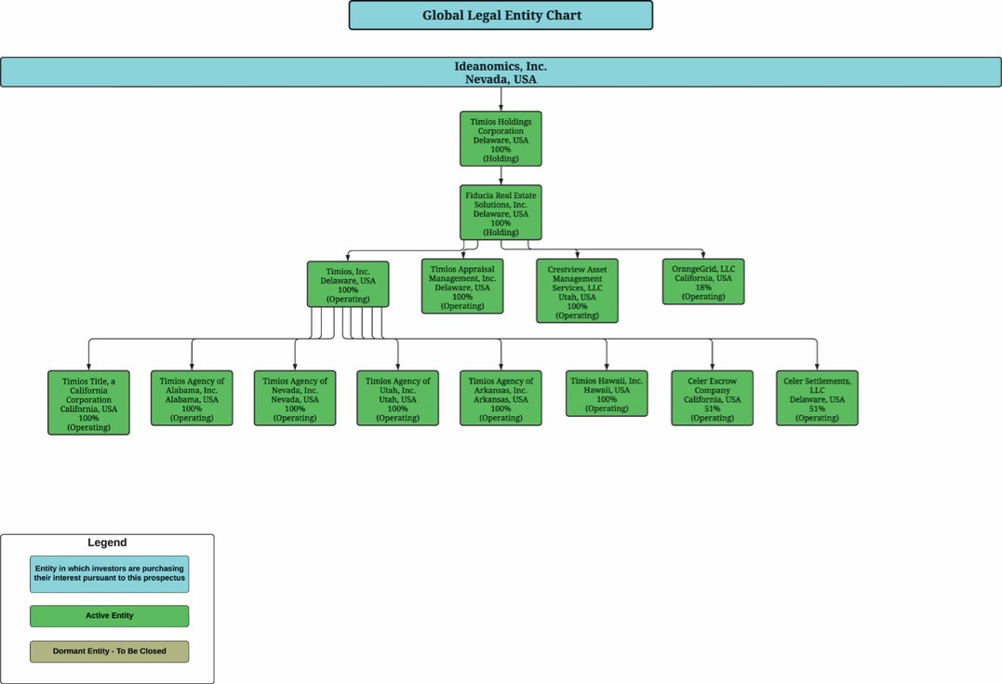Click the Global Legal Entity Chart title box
click(x=501, y=15)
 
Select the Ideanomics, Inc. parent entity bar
click(x=501, y=73)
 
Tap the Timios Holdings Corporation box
click(x=501, y=140)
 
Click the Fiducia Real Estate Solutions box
click(x=501, y=213)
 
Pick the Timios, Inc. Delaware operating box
click(x=348, y=285)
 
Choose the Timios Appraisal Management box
click(x=462, y=287)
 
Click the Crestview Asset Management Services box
click(x=577, y=291)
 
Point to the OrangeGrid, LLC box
click(x=703, y=282)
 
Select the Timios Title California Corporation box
click(x=88, y=403)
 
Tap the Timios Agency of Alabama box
click(x=192, y=398)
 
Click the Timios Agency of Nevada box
click(x=295, y=398)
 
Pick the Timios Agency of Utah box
click(x=397, y=398)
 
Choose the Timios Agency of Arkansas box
click(x=501, y=398)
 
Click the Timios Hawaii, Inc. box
click(x=607, y=394)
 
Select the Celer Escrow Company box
click(x=712, y=398)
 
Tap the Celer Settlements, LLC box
click(x=817, y=398)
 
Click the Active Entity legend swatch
click(x=109, y=616)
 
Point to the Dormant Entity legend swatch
click(x=109, y=651)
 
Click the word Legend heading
click(x=107, y=543)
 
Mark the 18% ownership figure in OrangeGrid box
click(x=703, y=288)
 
